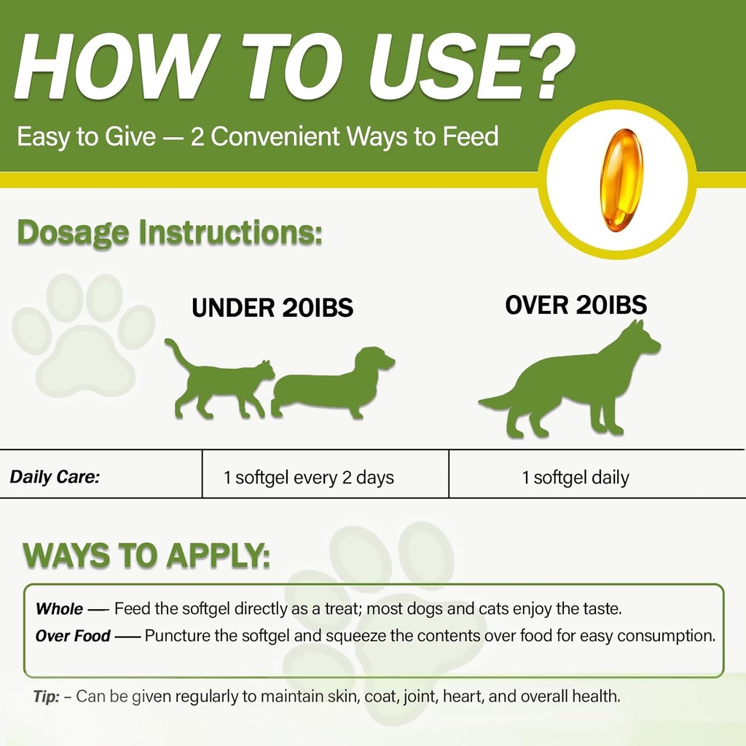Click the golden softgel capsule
621,180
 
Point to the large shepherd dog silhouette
576,386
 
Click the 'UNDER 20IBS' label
272,307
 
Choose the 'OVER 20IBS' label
576,305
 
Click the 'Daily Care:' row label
55,478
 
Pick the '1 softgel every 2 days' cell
309,478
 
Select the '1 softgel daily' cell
576,478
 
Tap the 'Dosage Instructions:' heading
169,233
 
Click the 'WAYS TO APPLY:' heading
146,556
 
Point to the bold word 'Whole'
59,608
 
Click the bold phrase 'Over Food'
73,636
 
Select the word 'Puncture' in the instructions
175,635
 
